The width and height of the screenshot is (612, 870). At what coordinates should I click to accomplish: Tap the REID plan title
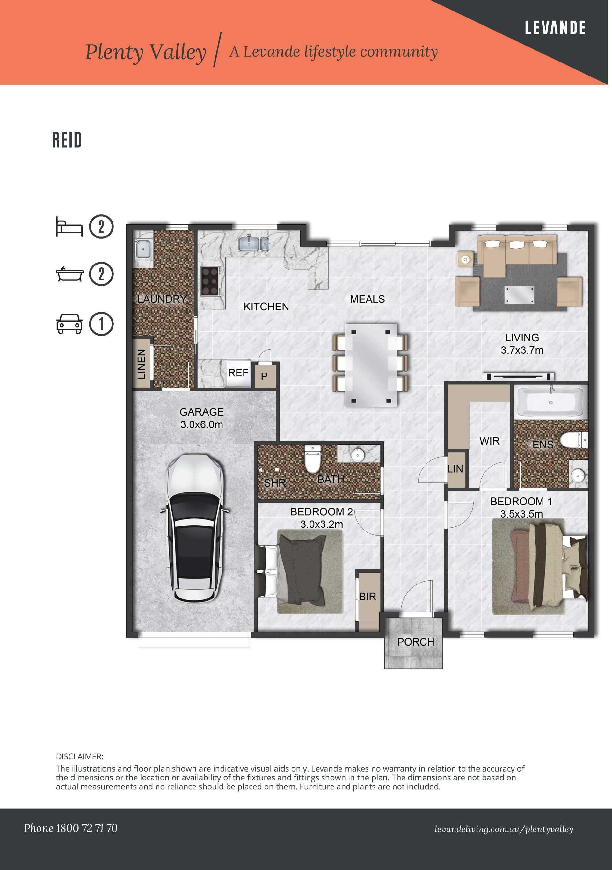pyautogui.click(x=67, y=140)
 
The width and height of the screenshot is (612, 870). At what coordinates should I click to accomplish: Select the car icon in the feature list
pyautogui.click(x=69, y=324)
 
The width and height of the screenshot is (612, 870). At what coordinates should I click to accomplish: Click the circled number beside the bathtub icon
pyautogui.click(x=101, y=274)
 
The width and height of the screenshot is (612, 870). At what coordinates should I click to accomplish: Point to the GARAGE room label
pyautogui.click(x=201, y=412)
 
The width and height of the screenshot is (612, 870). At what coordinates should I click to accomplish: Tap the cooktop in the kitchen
pyautogui.click(x=211, y=281)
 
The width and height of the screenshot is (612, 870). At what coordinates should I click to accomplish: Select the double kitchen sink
pyautogui.click(x=253, y=244)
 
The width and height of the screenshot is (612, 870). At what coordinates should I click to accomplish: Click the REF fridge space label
pyautogui.click(x=238, y=373)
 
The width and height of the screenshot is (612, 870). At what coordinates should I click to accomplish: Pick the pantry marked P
pyautogui.click(x=265, y=376)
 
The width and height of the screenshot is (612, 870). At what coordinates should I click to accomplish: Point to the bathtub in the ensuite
pyautogui.click(x=550, y=402)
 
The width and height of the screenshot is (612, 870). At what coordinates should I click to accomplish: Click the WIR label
pyautogui.click(x=489, y=441)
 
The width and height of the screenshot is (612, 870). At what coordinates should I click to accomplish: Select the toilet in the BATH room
pyautogui.click(x=313, y=460)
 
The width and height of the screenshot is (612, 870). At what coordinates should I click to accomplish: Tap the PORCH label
pyautogui.click(x=415, y=642)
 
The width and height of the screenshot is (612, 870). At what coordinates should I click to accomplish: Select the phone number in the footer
pyautogui.click(x=70, y=828)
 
